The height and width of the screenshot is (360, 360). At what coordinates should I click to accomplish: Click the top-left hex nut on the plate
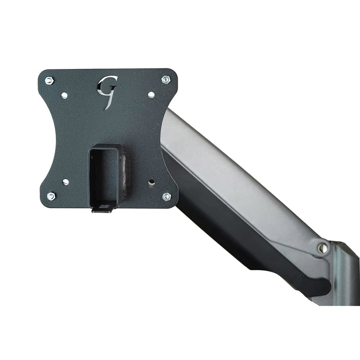point(49,81)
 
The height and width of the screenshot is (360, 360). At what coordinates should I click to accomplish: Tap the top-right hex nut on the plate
point(166,80)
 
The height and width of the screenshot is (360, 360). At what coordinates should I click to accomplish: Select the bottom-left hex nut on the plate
point(51,196)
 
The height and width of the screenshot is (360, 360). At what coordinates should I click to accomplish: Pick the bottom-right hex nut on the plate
point(166,196)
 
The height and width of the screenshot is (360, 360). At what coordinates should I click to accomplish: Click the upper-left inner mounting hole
point(64,95)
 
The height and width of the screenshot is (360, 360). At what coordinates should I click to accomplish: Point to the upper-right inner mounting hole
point(151,94)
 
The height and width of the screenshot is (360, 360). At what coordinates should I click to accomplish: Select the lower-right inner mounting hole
point(151,182)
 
